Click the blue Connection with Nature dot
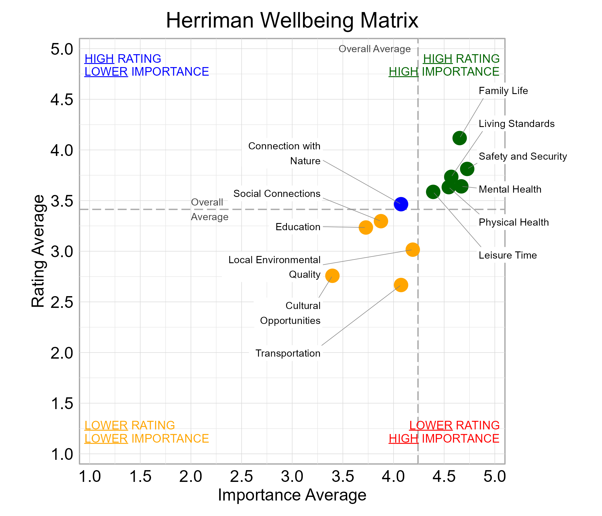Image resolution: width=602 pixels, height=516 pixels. [401, 204]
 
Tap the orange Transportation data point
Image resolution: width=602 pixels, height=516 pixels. [401, 285]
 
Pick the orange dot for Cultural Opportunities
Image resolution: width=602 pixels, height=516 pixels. [332, 275]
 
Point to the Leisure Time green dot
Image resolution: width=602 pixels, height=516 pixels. [433, 192]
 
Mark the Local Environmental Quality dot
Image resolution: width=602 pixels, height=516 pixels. [412, 249]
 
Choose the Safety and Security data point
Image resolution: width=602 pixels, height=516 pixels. [467, 169]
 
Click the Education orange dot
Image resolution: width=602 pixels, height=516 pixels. [365, 227]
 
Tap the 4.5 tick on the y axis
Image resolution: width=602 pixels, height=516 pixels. [62, 100]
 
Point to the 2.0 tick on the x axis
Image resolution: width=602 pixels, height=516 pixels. [191, 476]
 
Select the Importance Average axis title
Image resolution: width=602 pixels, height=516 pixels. [292, 495]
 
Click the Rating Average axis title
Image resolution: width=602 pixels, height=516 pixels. [38, 251]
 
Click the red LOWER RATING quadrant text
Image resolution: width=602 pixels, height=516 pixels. [454, 425]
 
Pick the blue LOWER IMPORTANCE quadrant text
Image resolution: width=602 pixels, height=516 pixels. [146, 72]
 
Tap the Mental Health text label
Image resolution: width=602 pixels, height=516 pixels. [510, 189]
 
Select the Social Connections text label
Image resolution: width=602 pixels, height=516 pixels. [277, 194]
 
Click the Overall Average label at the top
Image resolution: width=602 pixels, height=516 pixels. [374, 49]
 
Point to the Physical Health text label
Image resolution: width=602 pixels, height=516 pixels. [513, 222]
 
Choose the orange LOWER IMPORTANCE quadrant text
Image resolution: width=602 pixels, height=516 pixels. [146, 438]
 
